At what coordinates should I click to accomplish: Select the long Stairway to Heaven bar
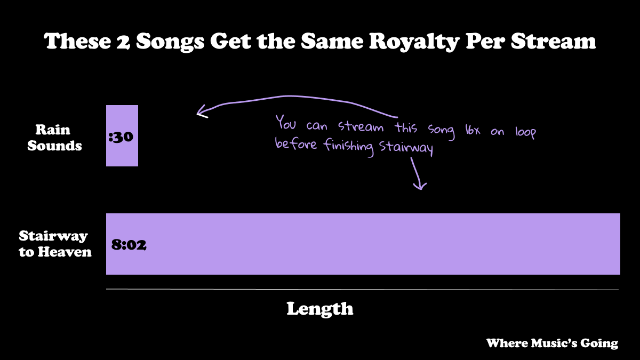pyautogui.click(x=363, y=244)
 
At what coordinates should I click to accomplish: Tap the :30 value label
pyautogui.click(x=120, y=137)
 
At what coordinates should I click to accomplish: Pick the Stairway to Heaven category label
pyautogui.click(x=55, y=244)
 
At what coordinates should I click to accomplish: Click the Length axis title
pyautogui.click(x=319, y=308)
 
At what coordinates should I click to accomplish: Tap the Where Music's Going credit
pyautogui.click(x=552, y=343)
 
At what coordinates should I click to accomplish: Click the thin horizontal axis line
pyautogui.click(x=363, y=290)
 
